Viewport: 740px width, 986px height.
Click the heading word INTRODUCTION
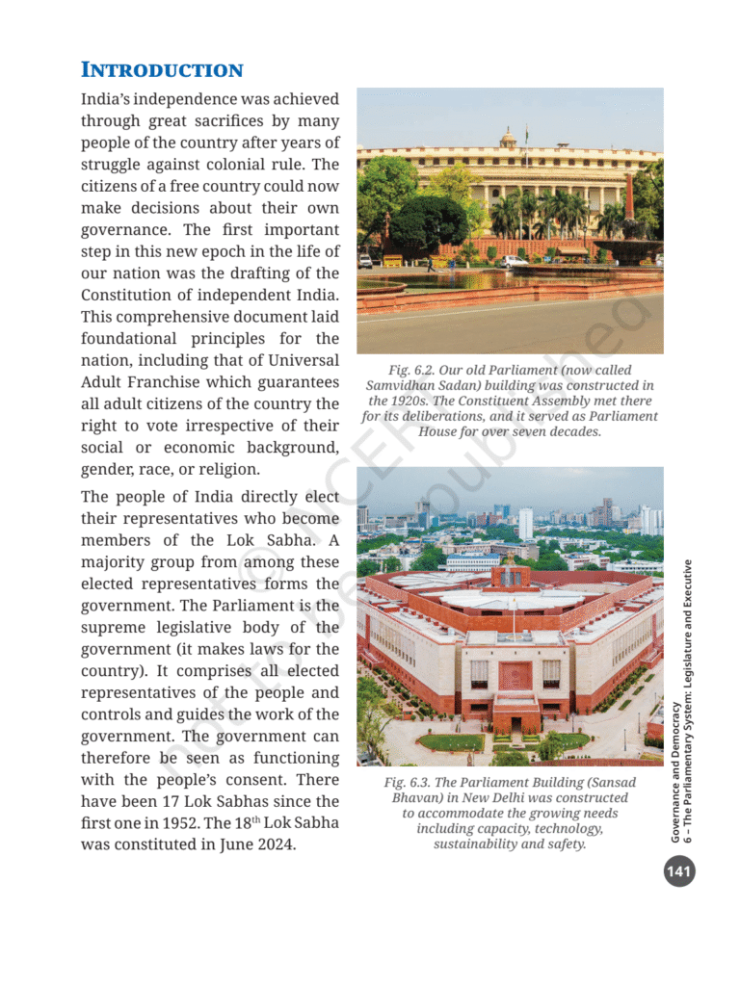pos(162,70)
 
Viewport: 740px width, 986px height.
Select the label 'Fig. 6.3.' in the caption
pos(410,783)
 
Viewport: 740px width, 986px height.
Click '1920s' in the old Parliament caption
pos(397,401)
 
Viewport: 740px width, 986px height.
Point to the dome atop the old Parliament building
pos(509,139)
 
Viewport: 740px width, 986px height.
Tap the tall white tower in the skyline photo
pos(525,523)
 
